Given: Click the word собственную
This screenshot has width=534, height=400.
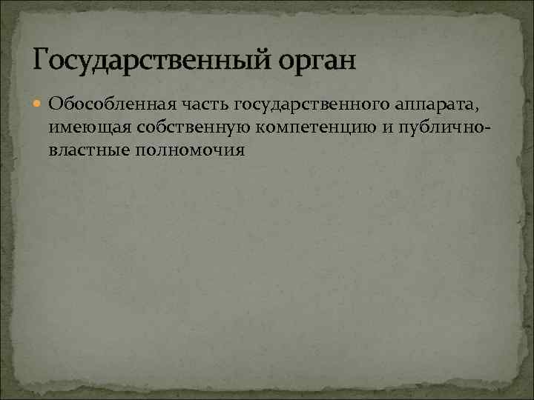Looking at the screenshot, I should [x=189, y=127].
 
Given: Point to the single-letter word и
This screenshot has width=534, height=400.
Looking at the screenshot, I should [x=388, y=127].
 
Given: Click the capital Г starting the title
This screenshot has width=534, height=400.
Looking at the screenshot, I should [x=42, y=57].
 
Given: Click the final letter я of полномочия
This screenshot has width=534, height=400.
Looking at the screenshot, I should [x=239, y=152].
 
